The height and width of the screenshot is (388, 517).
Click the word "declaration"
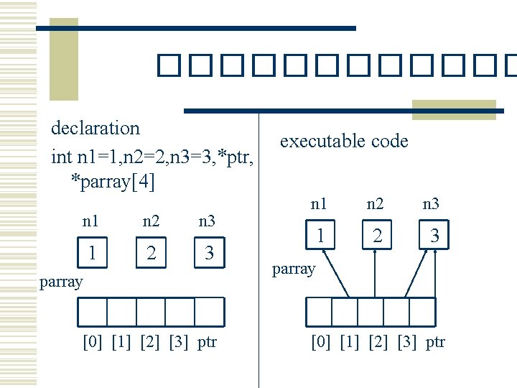[x=96, y=129]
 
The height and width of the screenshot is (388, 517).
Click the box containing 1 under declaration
[x=91, y=252]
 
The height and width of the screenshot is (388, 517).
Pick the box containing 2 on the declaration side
[x=151, y=252]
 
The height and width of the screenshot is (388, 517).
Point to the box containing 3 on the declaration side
[x=208, y=252]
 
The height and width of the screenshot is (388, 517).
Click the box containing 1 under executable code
[x=320, y=235]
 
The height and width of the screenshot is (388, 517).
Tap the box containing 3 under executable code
[x=434, y=235]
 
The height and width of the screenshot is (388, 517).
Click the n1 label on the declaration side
[x=91, y=221]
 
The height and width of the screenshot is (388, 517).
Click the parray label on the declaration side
[x=61, y=282]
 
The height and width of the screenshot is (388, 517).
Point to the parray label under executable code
[x=294, y=269]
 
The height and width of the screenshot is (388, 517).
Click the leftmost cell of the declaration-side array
[x=92, y=312]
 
